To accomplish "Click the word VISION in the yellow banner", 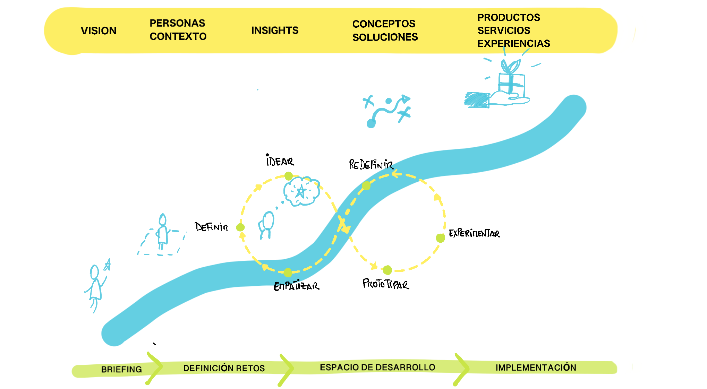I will click(x=99, y=31).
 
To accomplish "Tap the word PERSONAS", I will click(x=177, y=23).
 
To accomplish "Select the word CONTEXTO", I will click(x=178, y=36).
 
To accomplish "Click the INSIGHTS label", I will click(x=275, y=31).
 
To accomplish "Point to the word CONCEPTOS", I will click(x=384, y=24).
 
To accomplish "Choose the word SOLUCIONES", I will click(x=385, y=37).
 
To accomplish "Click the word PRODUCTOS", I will click(x=509, y=17).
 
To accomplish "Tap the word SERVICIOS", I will click(x=504, y=31).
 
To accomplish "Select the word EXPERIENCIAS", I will click(x=513, y=43).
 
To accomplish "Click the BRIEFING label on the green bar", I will click(x=121, y=369).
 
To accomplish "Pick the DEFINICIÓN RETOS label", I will click(x=224, y=368).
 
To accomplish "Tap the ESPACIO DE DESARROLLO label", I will click(x=377, y=367).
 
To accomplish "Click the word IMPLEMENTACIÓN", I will click(x=536, y=368).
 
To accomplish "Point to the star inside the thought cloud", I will click(x=301, y=191).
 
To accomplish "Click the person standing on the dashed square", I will click(x=162, y=231).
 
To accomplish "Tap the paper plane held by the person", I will click(x=108, y=265).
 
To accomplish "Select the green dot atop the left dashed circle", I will click(x=288, y=176).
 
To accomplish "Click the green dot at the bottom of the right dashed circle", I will click(x=387, y=270).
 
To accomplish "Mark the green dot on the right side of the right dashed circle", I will click(x=441, y=238).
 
